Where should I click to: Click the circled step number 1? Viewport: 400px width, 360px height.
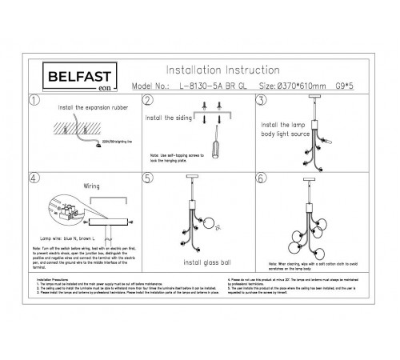tap(34, 101)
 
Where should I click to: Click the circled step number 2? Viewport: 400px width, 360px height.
tap(148, 101)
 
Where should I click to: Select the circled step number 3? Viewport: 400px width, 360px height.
tap(261, 101)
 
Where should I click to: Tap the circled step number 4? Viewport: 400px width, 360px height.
tap(34, 178)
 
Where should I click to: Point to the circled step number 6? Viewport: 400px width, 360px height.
tap(261, 178)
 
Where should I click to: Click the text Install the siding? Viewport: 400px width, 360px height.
tap(167, 116)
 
